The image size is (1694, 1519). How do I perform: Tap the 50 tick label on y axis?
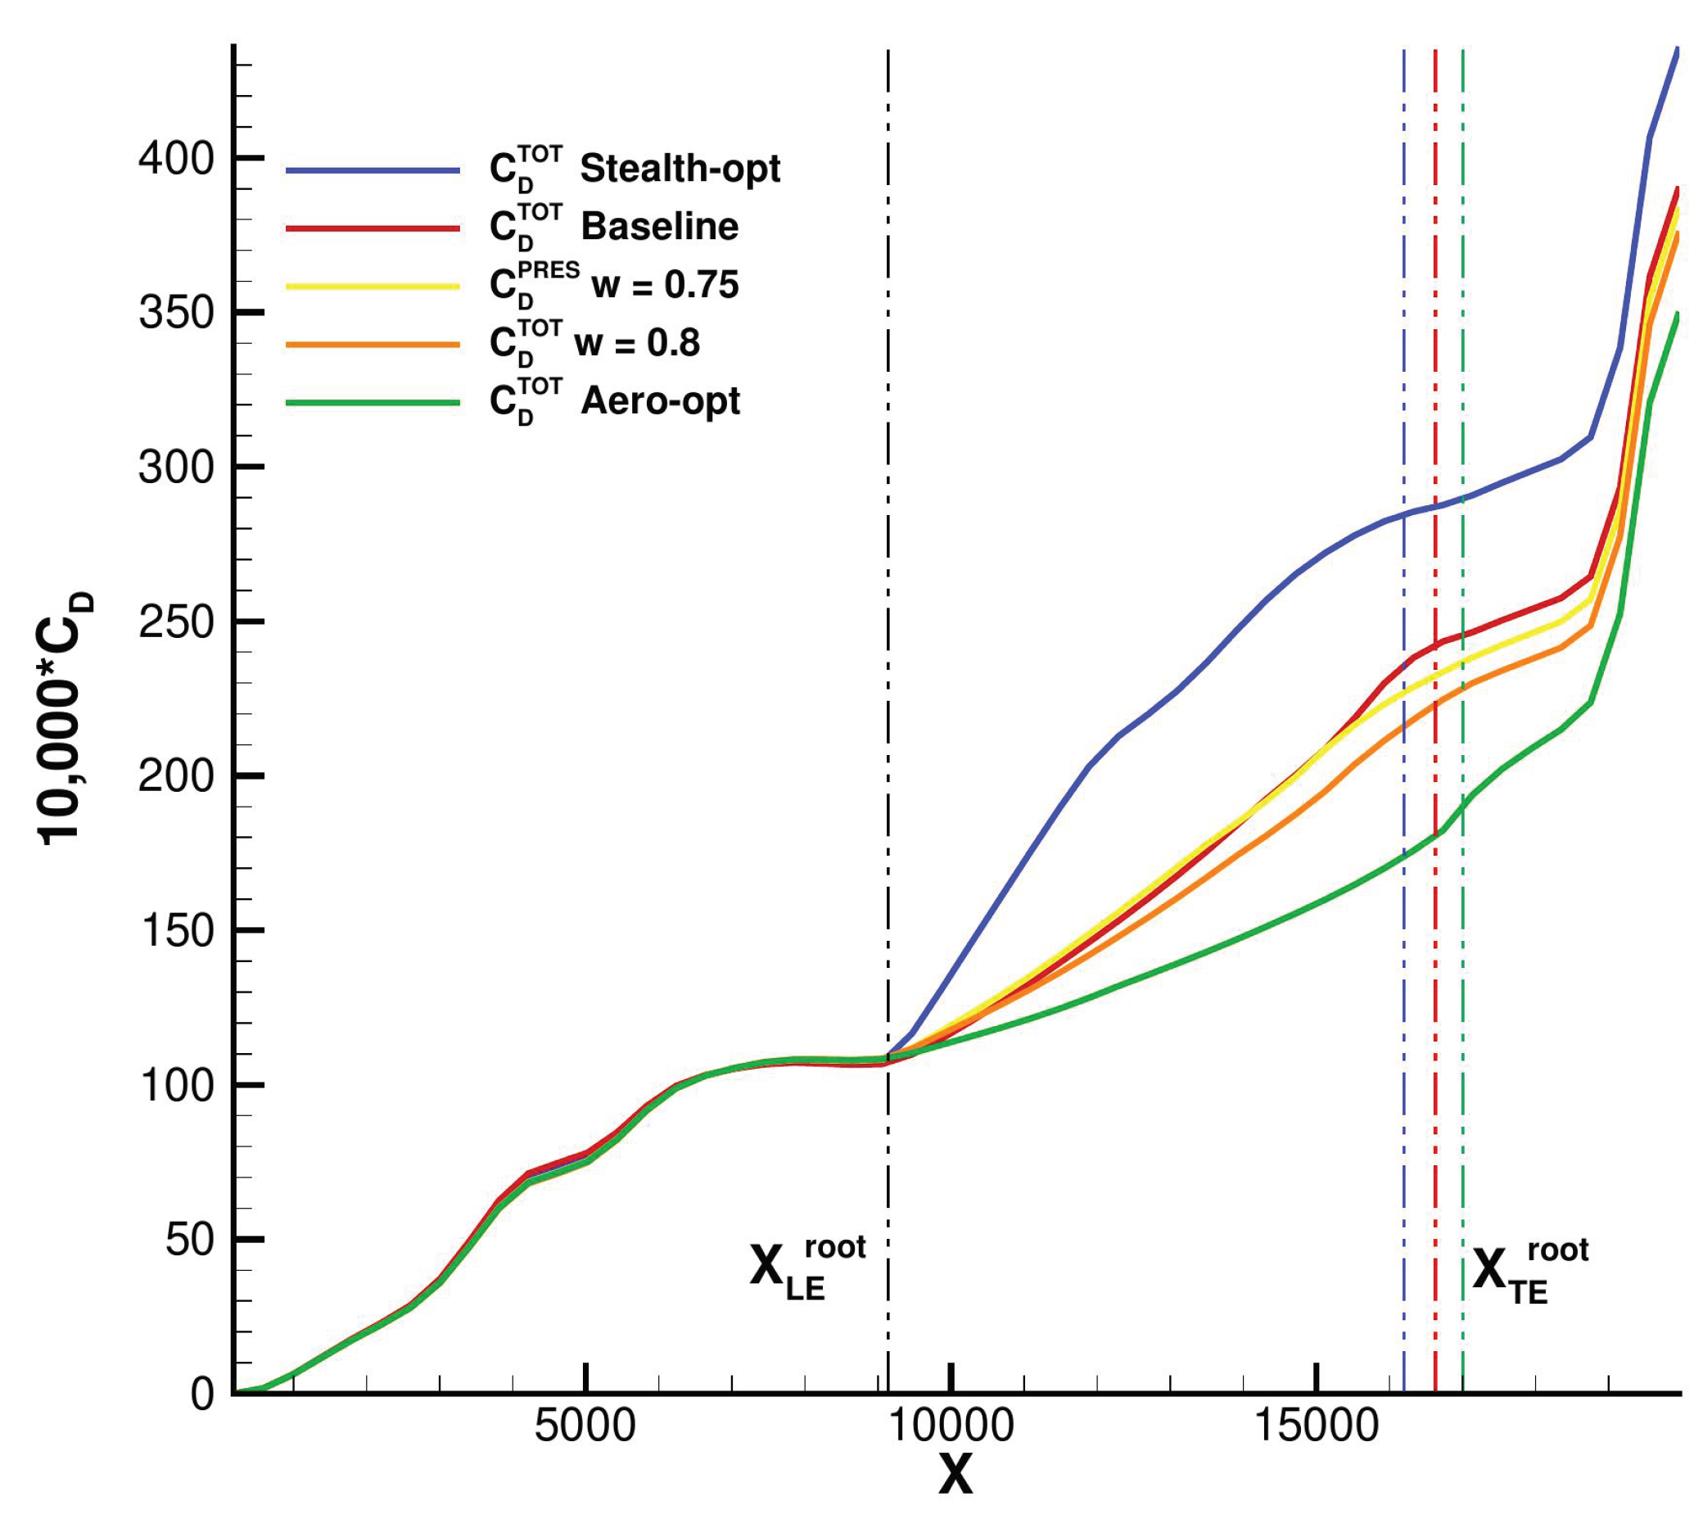click(x=190, y=1240)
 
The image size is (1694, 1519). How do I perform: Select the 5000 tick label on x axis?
click(x=585, y=1425)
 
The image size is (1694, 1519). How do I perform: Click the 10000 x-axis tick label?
click(x=951, y=1425)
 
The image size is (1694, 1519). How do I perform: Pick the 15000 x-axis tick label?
click(x=1316, y=1425)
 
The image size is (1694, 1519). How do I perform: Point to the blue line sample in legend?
click(x=373, y=170)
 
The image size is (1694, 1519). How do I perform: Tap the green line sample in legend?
click(x=373, y=403)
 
